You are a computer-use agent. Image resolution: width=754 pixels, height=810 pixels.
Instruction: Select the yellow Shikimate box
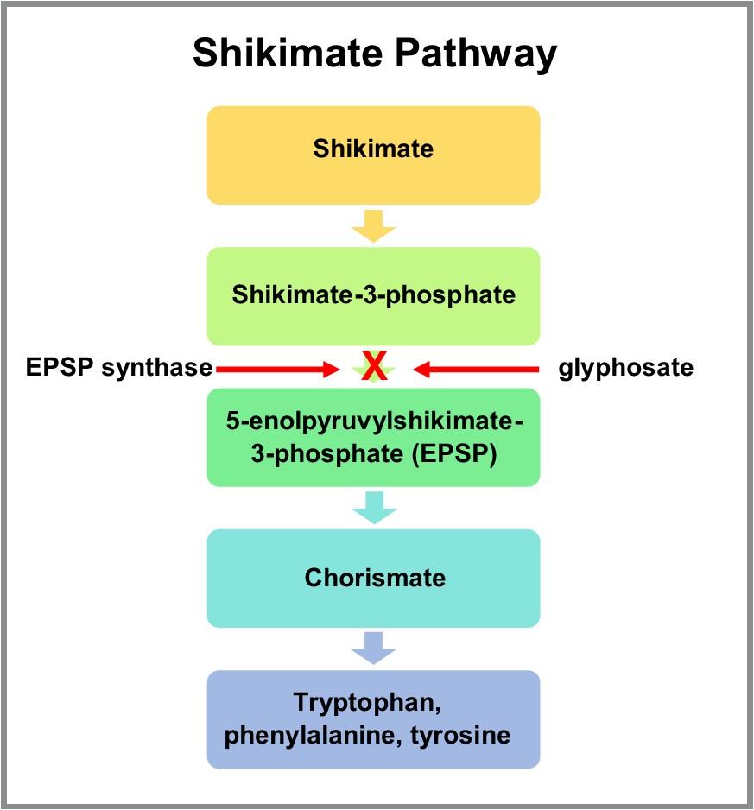click(373, 155)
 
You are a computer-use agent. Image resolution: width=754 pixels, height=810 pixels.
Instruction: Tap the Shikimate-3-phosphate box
click(373, 295)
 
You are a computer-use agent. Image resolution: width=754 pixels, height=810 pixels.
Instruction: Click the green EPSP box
click(373, 437)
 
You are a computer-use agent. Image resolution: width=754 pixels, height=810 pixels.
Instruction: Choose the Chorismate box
click(373, 578)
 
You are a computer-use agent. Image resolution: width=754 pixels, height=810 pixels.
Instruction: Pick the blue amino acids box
click(373, 719)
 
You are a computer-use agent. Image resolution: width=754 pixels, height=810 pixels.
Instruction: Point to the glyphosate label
click(625, 368)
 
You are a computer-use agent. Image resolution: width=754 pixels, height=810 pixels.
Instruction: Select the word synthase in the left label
click(156, 368)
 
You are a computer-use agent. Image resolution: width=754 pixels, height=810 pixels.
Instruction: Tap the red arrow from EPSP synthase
click(276, 370)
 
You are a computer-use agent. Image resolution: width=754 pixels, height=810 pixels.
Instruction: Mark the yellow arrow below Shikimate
click(373, 226)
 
